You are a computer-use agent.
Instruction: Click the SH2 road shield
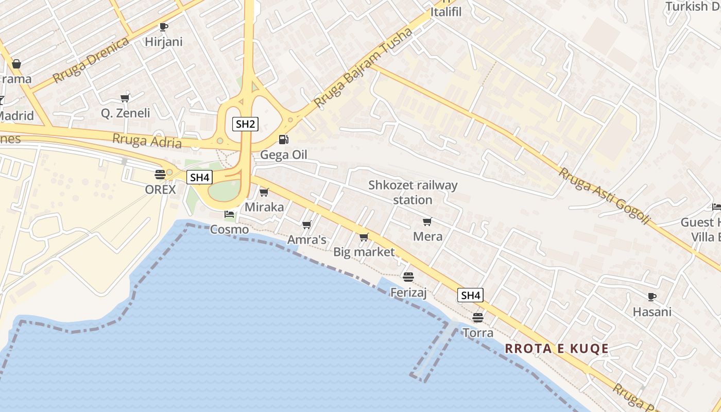[x=245, y=124]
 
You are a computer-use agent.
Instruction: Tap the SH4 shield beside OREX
[x=199, y=178]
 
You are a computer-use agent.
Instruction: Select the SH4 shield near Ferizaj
[x=470, y=295]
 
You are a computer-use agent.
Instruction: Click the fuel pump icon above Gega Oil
[x=283, y=139]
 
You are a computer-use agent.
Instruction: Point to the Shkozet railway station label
[x=413, y=192]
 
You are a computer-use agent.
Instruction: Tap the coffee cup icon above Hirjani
[x=164, y=27]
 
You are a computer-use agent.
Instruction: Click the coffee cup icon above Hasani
[x=652, y=297]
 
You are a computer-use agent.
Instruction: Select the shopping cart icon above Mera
[x=427, y=221]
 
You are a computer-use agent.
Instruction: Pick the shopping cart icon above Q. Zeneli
[x=125, y=98]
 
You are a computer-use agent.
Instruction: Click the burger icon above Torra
[x=478, y=317]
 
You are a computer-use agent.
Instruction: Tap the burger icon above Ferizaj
[x=408, y=277]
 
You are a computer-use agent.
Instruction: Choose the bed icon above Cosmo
[x=229, y=214]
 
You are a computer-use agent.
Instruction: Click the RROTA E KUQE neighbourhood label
[x=557, y=349]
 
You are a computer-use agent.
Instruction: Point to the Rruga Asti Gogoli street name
[x=605, y=196]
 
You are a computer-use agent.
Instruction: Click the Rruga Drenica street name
[x=91, y=60]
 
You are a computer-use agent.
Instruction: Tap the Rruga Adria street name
[x=147, y=140]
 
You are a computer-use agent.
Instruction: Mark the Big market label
[x=364, y=252]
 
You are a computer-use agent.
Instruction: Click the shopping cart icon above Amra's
[x=307, y=225]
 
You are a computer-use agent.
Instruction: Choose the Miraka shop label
[x=264, y=207]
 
